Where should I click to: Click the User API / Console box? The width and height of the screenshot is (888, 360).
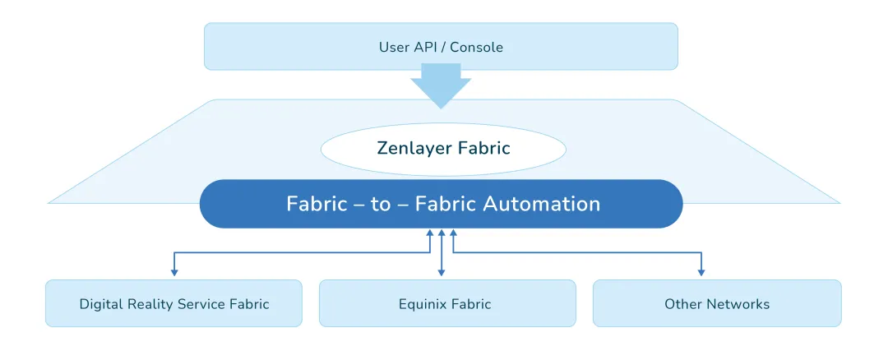(441, 47)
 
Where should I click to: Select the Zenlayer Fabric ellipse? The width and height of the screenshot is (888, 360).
(443, 149)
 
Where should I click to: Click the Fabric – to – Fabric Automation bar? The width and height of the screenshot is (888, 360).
(442, 204)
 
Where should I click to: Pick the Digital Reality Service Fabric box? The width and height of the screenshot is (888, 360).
(173, 303)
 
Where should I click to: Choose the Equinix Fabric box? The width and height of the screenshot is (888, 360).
(447, 303)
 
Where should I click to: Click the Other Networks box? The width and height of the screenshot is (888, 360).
(716, 303)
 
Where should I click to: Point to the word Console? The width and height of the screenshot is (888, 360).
(475, 47)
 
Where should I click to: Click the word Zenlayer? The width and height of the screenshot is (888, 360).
(410, 149)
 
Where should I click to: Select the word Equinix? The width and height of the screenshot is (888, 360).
(423, 304)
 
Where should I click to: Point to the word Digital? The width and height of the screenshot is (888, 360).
(99, 304)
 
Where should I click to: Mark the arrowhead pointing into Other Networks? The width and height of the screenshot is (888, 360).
(701, 272)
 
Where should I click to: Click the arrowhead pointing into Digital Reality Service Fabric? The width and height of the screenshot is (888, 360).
(173, 272)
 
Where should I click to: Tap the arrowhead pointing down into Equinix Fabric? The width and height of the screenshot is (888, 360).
(442, 272)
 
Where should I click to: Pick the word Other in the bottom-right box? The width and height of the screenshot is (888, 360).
(680, 304)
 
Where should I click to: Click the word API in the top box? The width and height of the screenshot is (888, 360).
(425, 47)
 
